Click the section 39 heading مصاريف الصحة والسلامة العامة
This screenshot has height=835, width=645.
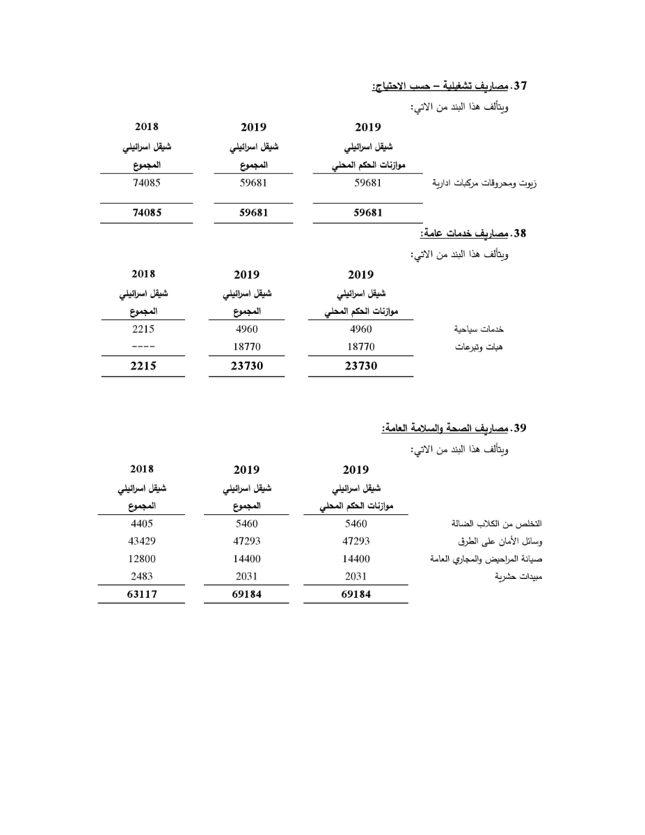click(x=453, y=428)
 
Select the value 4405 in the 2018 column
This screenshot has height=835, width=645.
click(x=141, y=523)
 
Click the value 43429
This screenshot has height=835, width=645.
click(x=141, y=541)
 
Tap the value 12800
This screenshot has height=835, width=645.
click(x=141, y=559)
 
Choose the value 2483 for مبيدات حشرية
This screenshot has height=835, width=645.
click(x=141, y=576)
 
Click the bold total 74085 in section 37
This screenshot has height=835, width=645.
click(x=146, y=213)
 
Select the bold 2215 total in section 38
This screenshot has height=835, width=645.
click(x=143, y=367)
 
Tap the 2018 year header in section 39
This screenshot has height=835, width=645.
click(x=142, y=469)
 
